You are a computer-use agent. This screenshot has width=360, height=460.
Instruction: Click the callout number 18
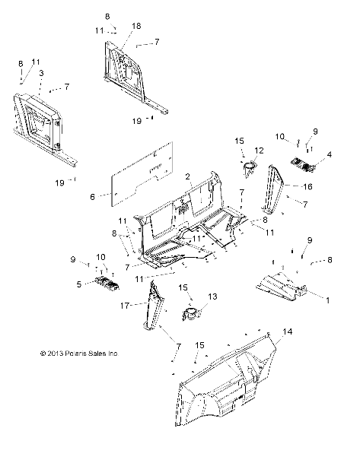137,26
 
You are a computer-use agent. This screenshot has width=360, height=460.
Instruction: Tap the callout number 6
92,196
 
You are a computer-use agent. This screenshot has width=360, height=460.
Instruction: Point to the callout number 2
186,176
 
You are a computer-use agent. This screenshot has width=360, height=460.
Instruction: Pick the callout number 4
329,154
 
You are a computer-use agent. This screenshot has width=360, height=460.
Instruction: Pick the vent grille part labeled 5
107,284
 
